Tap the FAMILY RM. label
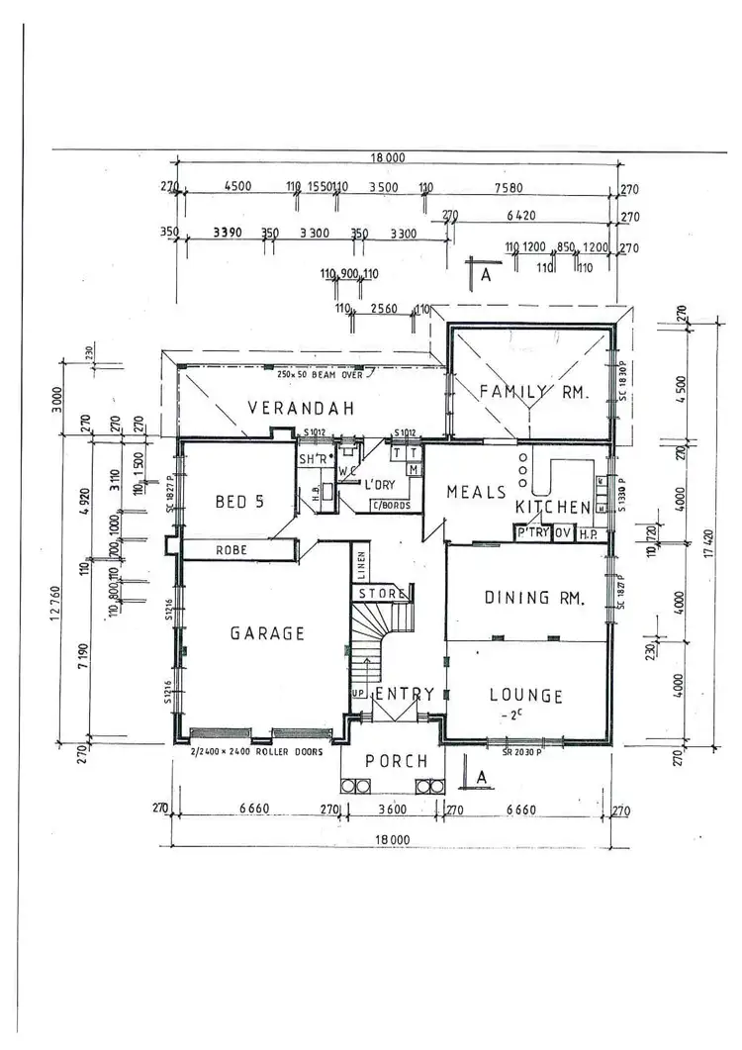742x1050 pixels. click(x=534, y=392)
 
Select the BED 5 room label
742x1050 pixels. click(x=239, y=502)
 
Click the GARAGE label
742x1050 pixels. click(x=267, y=633)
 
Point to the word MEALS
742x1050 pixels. click(x=477, y=492)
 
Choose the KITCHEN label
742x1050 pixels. click(x=553, y=507)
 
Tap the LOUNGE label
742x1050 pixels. click(x=526, y=696)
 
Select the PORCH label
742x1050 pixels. click(x=397, y=761)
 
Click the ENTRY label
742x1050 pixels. click(x=405, y=694)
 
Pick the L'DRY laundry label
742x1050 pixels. click(x=381, y=486)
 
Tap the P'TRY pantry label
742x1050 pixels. click(x=532, y=533)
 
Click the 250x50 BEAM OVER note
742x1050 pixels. click(x=323, y=373)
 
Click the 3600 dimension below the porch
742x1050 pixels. click(x=394, y=810)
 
